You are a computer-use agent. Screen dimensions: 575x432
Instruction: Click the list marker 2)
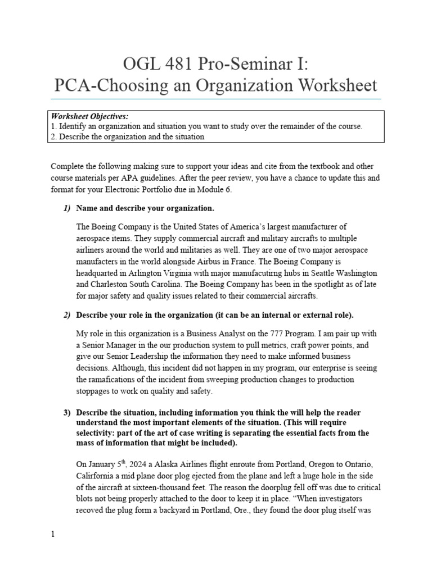coord(66,314)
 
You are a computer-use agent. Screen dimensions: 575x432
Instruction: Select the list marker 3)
coord(66,413)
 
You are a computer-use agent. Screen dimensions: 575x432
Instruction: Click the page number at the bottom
coord(53,534)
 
